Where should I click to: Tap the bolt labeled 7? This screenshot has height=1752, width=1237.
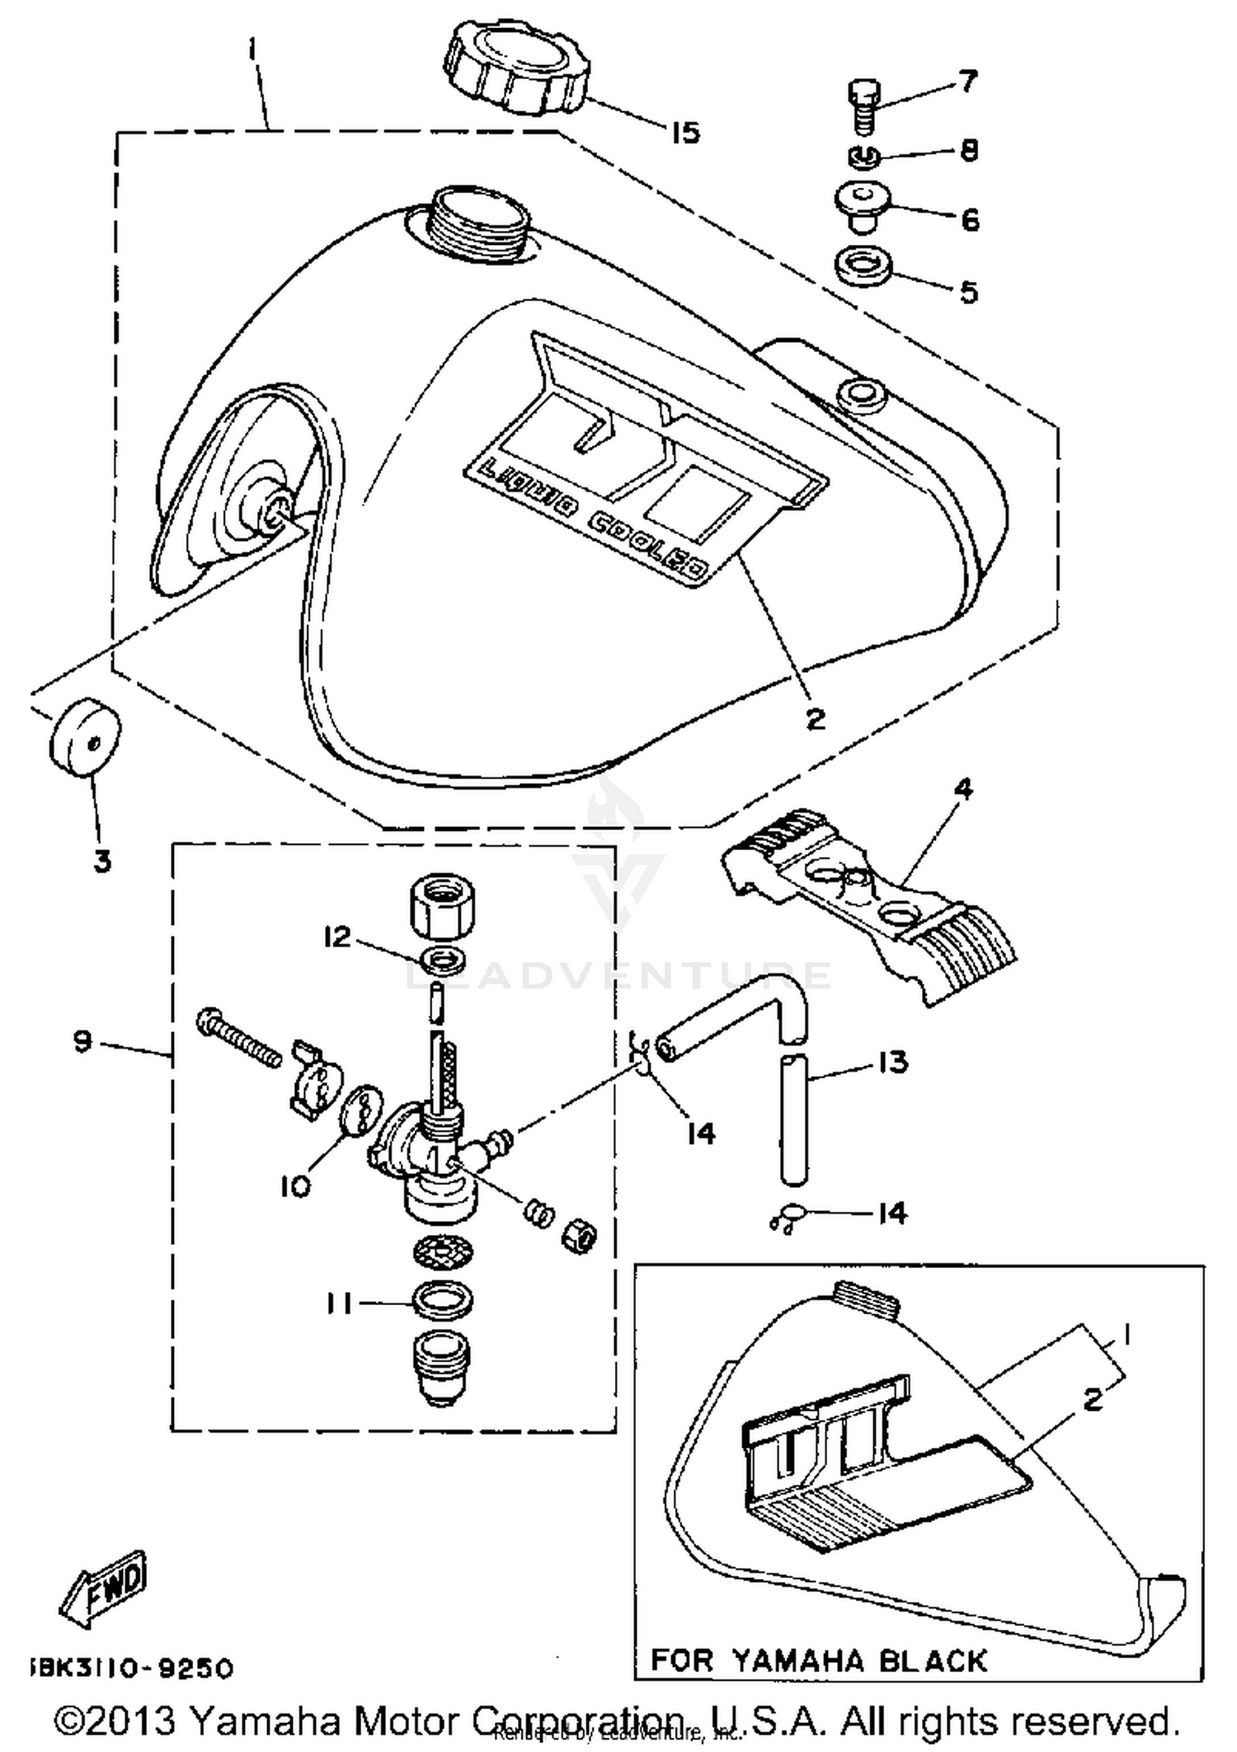[x=863, y=106]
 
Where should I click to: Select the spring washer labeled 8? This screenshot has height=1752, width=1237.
[x=864, y=156]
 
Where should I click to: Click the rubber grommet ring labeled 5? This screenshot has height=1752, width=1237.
[x=863, y=267]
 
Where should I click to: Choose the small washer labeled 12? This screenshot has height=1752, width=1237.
[x=443, y=961]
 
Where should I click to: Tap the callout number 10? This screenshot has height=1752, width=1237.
[x=295, y=1186]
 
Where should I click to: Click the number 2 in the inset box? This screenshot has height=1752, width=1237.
[x=1093, y=1399]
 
